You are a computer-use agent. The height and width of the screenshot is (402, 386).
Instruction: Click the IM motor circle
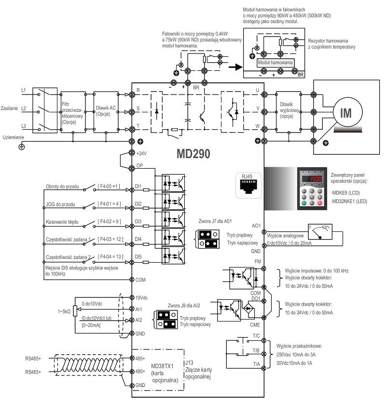pos(346,113)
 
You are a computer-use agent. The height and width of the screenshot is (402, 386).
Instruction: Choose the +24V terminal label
pos(141,153)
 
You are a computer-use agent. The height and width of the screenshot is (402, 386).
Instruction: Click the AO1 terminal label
pos(256,225)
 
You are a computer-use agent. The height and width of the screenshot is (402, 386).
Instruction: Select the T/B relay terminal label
pos(256,351)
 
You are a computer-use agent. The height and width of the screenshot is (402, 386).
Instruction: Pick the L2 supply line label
pos(24,109)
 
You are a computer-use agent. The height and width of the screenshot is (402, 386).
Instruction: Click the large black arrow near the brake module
pos(235,67)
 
